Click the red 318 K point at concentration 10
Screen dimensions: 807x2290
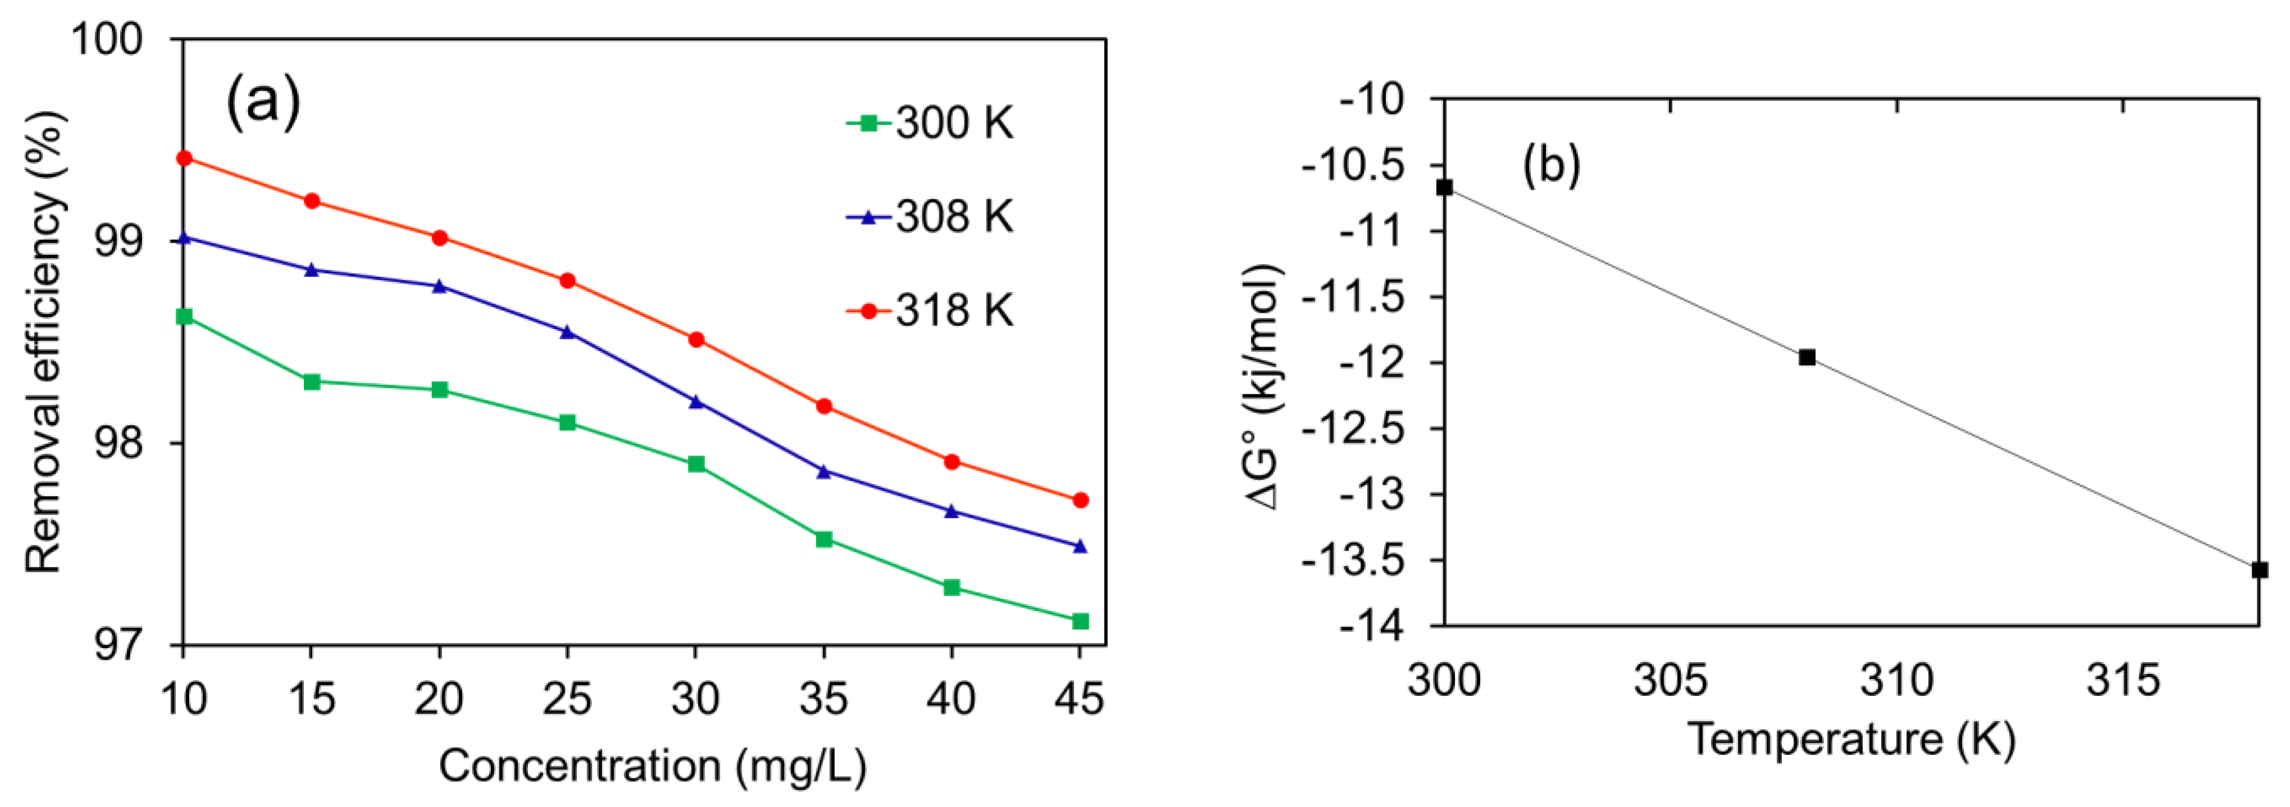pyautogui.click(x=184, y=158)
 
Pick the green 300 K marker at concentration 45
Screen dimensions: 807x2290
pyautogui.click(x=1080, y=621)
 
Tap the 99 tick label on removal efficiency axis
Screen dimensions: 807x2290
pyautogui.click(x=118, y=241)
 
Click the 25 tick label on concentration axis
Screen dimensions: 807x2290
pyautogui.click(x=567, y=700)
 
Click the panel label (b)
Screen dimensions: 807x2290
pyautogui.click(x=1551, y=165)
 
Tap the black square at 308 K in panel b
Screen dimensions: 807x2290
pyautogui.click(x=1807, y=357)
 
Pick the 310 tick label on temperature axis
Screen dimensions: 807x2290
pyautogui.click(x=1896, y=680)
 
